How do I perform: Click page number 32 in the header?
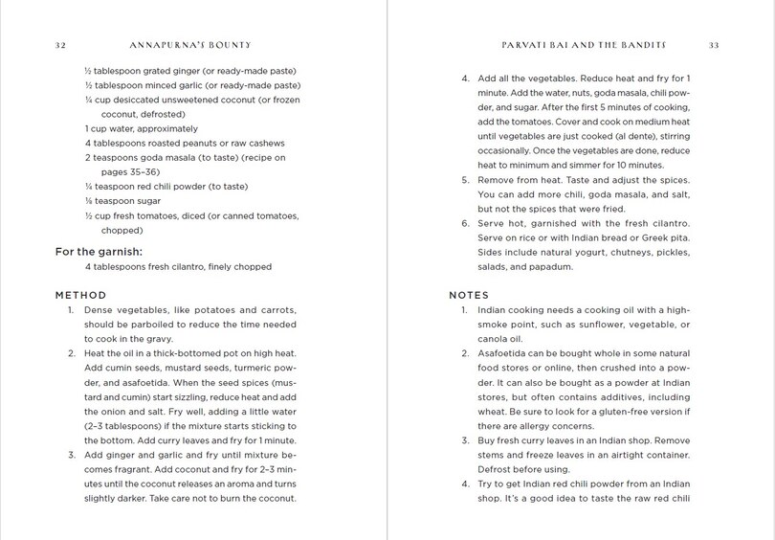[60, 45]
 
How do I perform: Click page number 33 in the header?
[714, 45]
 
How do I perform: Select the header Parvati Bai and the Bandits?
[584, 45]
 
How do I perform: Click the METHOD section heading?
[81, 295]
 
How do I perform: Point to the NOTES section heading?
[469, 295]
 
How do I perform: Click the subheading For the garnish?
[99, 252]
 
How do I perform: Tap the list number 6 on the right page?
[466, 223]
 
